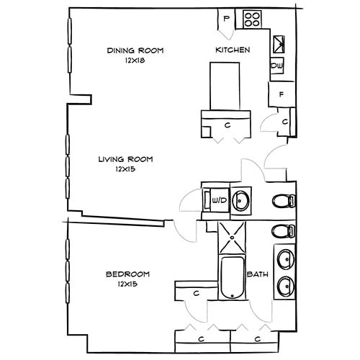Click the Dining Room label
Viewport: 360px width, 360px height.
(135, 50)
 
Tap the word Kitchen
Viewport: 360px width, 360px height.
(233, 50)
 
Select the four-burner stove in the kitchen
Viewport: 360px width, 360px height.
(252, 19)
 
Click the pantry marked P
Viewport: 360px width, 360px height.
(227, 19)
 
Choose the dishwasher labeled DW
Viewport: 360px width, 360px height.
(277, 66)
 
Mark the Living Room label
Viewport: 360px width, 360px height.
(126, 159)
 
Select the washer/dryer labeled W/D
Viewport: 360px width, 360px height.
(216, 199)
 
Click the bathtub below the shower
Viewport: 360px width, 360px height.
(233, 278)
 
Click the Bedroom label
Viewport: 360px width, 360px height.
(127, 274)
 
